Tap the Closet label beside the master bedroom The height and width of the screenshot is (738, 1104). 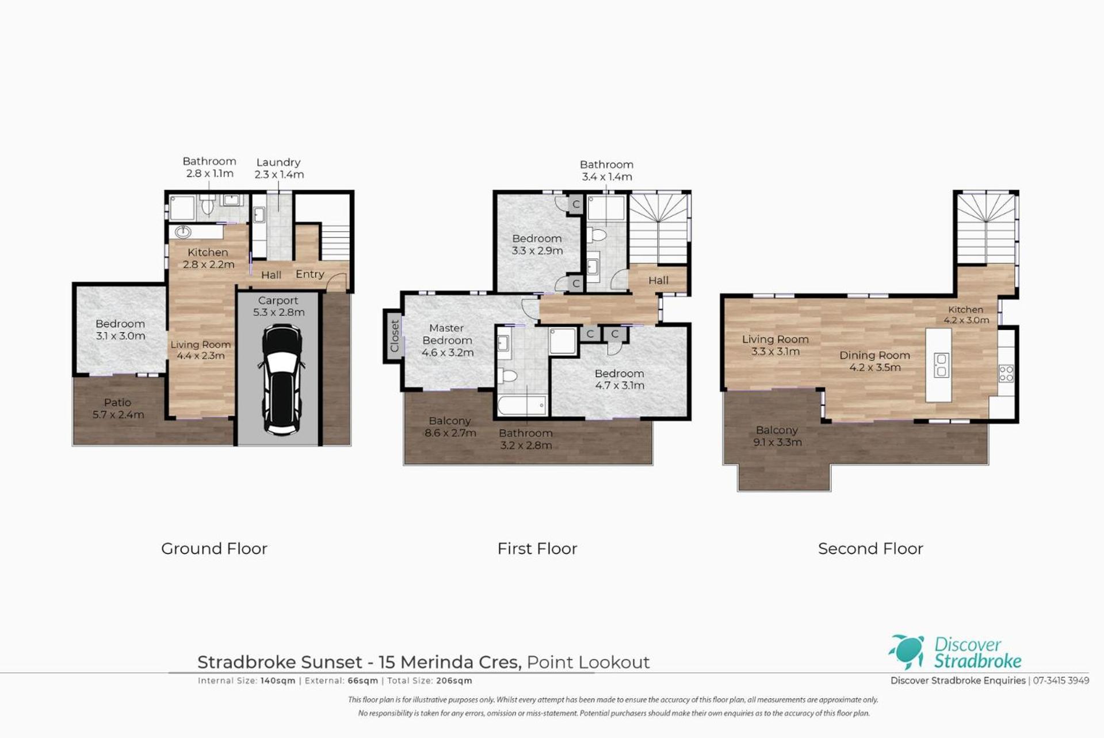(394, 337)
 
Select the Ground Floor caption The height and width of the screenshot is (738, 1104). (214, 549)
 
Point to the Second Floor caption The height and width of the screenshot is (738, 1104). (870, 549)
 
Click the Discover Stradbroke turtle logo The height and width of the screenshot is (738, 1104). (907, 651)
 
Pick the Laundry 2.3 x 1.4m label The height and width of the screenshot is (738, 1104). (279, 168)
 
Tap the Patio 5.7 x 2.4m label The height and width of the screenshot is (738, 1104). (118, 408)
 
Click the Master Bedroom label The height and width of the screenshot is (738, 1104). (447, 334)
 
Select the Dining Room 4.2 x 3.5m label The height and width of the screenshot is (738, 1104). (874, 361)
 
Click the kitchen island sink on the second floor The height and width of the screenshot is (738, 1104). (941, 365)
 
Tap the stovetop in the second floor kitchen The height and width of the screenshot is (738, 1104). (1006, 374)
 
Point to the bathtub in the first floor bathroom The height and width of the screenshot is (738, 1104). (522, 405)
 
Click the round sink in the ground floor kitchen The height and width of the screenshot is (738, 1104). (183, 232)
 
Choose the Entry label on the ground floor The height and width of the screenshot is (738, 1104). (310, 274)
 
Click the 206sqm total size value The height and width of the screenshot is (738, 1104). (454, 680)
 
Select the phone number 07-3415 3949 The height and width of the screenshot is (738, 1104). (1061, 680)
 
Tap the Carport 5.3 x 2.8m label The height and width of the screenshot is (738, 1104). (278, 306)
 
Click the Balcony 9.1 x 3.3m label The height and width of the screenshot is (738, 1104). (777, 436)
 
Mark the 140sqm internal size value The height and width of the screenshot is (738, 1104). (278, 680)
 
